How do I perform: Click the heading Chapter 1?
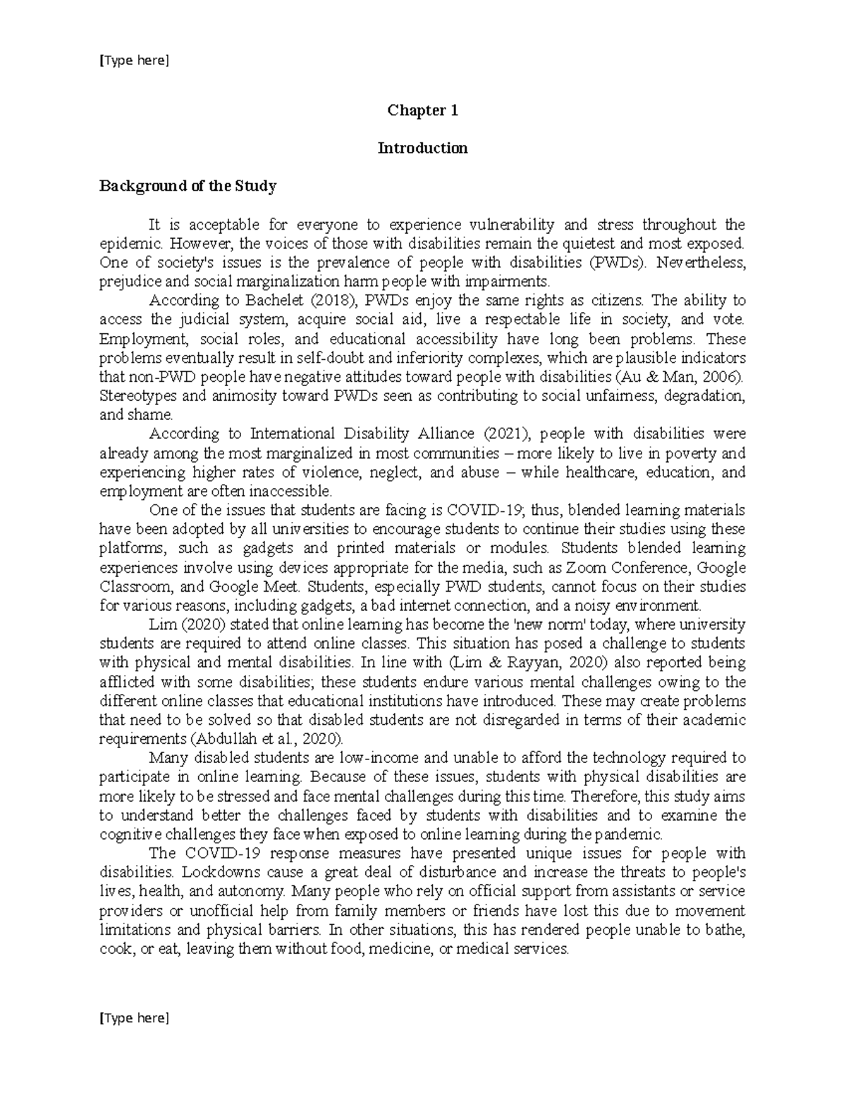pyautogui.click(x=422, y=111)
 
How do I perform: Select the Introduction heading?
pyautogui.click(x=422, y=149)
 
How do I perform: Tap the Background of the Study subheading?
pyautogui.click(x=188, y=187)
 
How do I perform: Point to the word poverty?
pyautogui.click(x=686, y=453)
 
